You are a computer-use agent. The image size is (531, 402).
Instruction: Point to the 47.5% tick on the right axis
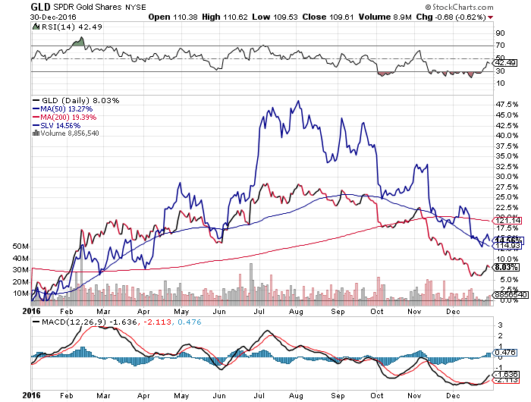pos(506,104)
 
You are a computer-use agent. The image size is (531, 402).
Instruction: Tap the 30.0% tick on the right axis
pos(506,176)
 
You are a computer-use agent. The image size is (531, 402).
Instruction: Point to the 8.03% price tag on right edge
pos(505,267)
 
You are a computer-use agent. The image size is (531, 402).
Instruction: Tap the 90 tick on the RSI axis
pos(501,34)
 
